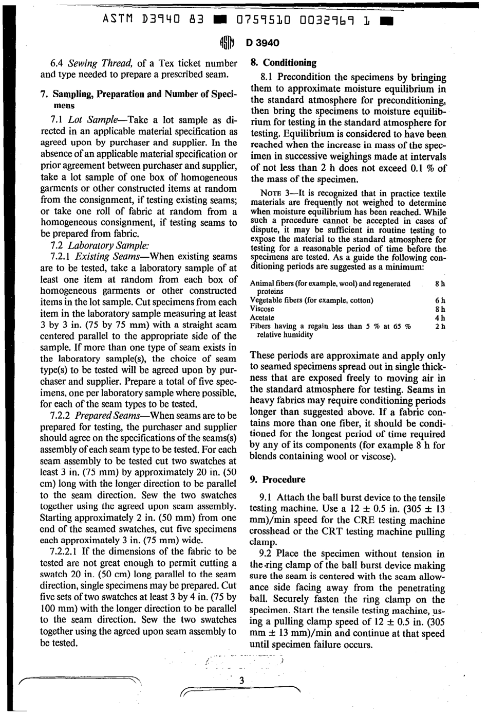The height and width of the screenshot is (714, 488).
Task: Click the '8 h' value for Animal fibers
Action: pyautogui.click(x=440, y=283)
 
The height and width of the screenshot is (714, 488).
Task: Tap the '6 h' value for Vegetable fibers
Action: pyautogui.click(x=440, y=300)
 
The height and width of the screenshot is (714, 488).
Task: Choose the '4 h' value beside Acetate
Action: pyautogui.click(x=440, y=318)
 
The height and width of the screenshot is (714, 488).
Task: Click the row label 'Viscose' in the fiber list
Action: pyautogui.click(x=262, y=309)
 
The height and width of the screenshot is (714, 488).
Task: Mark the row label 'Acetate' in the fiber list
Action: pyautogui.click(x=262, y=318)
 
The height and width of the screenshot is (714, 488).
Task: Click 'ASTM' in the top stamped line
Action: pyautogui.click(x=117, y=20)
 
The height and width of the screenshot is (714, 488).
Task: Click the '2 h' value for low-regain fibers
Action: pyautogui.click(x=440, y=326)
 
